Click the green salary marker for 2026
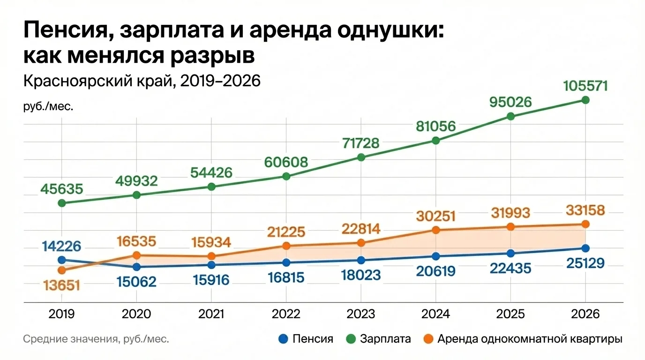coord(585,100)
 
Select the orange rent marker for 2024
coord(435,230)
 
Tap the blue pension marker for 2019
coord(61,260)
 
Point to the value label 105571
coord(585,86)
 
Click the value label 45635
coord(61,189)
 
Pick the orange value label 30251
coord(435,216)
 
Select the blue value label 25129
coord(585,263)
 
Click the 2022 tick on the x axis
coord(286,314)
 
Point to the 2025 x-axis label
coord(510,314)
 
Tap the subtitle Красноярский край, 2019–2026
coord(141,81)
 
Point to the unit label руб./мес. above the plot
coord(48,106)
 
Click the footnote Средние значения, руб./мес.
coord(96,339)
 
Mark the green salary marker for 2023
coord(361,157)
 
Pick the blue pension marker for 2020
coord(136,267)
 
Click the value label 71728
coord(361,143)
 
